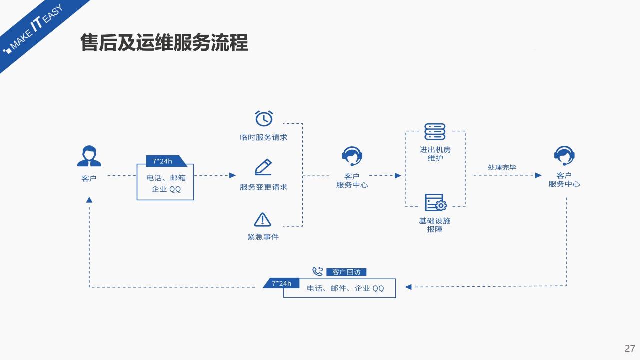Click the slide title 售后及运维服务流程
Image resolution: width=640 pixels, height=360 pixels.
[164, 43]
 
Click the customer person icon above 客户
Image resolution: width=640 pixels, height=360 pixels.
[89, 156]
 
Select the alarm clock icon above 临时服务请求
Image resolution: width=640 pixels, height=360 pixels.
[264, 119]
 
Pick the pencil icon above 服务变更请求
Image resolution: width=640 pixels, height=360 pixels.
[263, 167]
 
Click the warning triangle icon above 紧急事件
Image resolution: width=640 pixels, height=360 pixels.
[262, 219]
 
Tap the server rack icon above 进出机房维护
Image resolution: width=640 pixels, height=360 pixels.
[435, 132]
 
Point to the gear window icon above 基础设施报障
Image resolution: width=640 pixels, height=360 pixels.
[435, 202]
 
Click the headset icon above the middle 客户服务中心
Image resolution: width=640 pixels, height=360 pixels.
[352, 156]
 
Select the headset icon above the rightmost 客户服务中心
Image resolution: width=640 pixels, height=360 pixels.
[564, 156]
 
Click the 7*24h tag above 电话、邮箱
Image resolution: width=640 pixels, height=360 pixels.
[163, 161]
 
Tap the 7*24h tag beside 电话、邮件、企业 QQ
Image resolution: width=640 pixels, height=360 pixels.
[281, 283]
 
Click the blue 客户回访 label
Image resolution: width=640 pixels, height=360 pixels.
[346, 272]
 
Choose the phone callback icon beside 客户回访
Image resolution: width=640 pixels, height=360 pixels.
[318, 271]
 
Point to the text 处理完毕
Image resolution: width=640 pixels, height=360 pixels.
[502, 167]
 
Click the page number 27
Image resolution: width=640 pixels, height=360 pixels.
[629, 348]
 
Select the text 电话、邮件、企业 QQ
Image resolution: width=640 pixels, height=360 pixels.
[345, 288]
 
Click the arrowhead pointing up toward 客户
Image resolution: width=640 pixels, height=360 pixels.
[89, 200]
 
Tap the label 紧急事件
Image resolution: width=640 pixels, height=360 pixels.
[263, 237]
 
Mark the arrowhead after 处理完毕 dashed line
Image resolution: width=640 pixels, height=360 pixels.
[538, 175]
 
